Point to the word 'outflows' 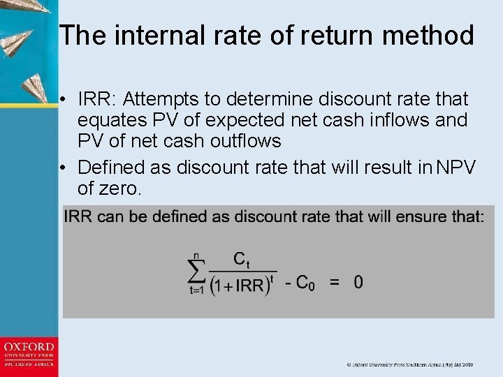[x=242, y=141]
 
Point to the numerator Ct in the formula [x=241, y=260]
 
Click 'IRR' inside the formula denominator [x=249, y=286]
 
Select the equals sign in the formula [x=335, y=283]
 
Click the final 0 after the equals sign [x=358, y=282]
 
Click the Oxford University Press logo [x=29, y=355]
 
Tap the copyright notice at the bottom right [x=410, y=364]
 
